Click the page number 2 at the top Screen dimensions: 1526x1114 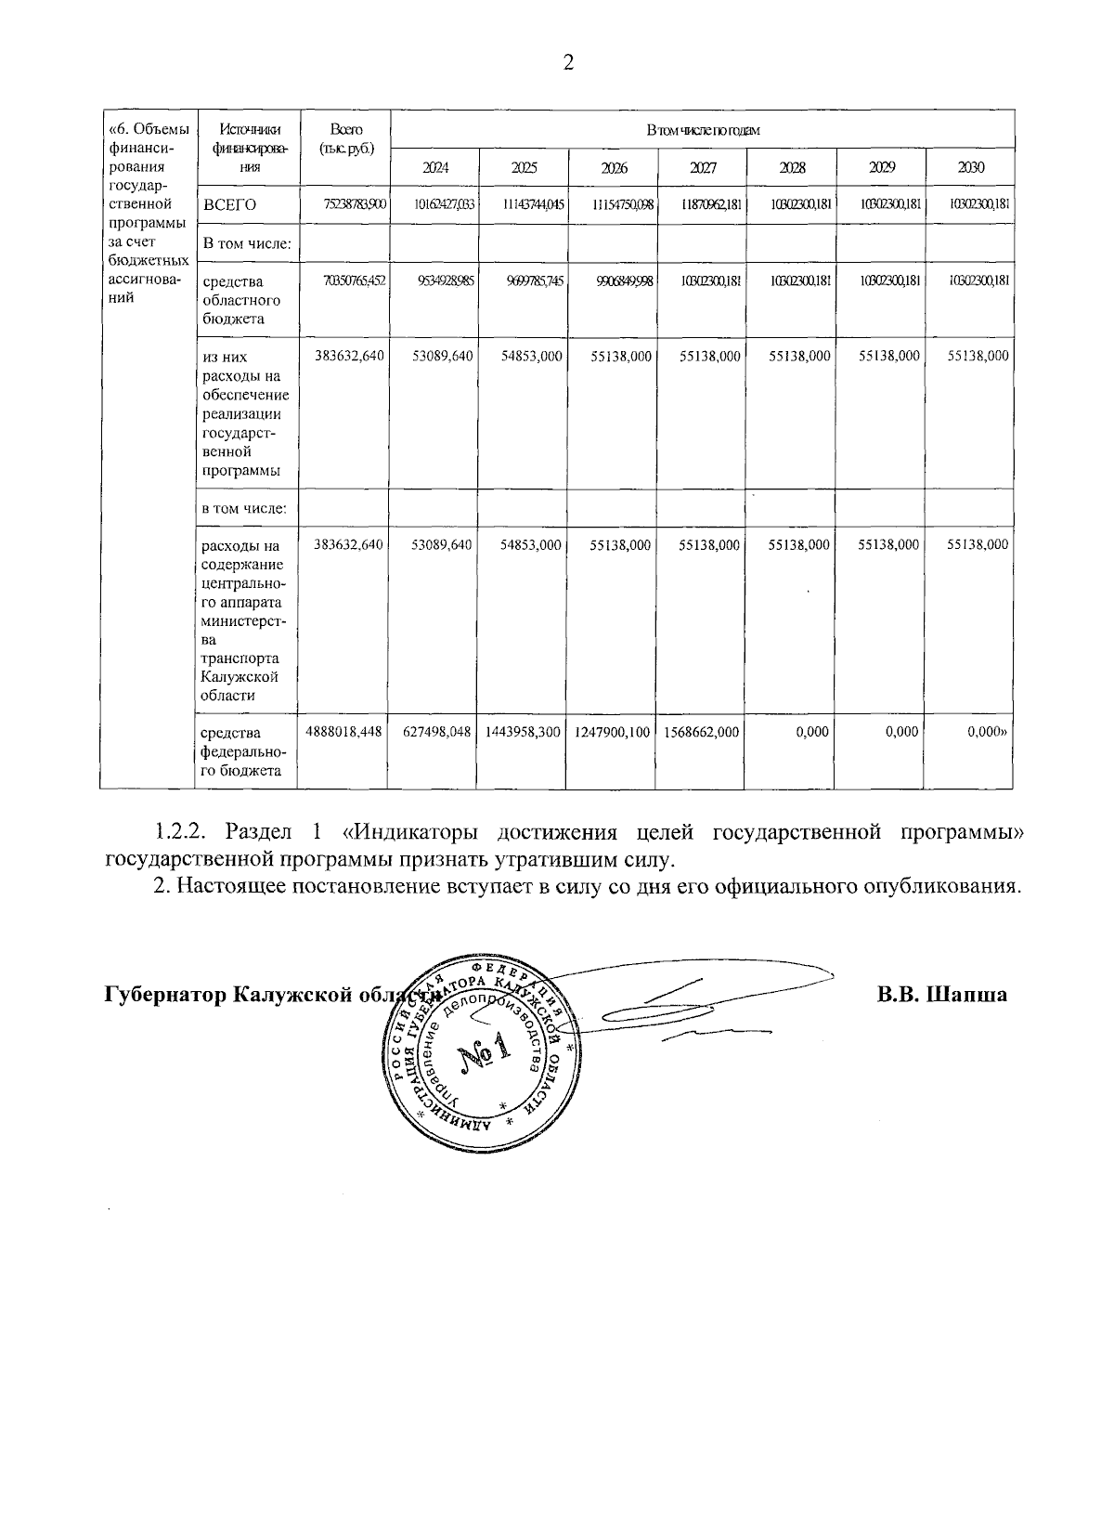tap(568, 62)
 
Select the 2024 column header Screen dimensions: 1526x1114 tap(434, 168)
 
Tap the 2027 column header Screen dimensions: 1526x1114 tap(703, 168)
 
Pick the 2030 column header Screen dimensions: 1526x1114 tap(970, 168)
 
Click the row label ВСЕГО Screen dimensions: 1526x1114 tap(229, 205)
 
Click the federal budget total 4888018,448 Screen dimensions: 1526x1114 tap(343, 732)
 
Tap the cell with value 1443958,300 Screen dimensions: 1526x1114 tap(522, 732)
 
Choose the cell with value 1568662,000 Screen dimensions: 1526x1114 tap(702, 732)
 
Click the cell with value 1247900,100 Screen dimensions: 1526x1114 tap(612, 732)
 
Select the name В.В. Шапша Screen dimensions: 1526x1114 tap(942, 995)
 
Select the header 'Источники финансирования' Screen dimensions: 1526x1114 tap(248, 148)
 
